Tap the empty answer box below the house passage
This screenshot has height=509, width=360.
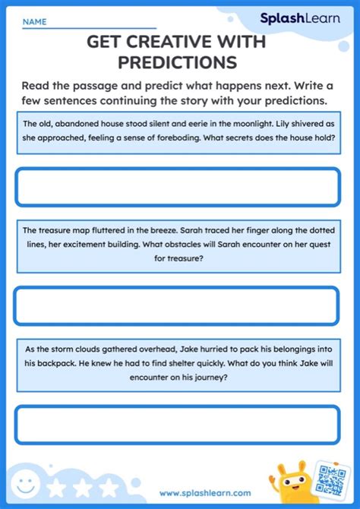[x=177, y=187]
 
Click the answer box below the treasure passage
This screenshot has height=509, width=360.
[x=177, y=307]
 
